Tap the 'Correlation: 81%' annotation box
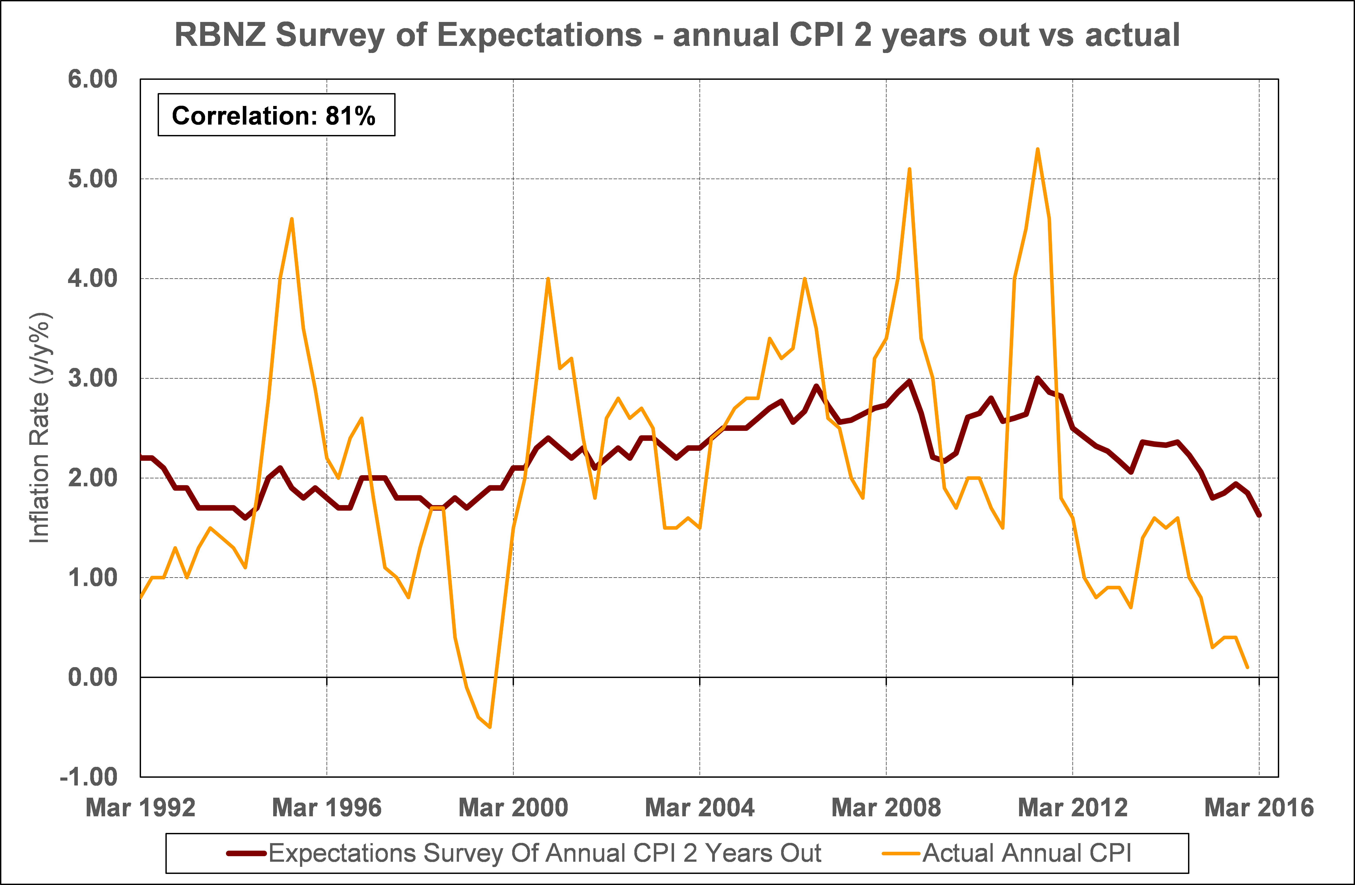(276, 115)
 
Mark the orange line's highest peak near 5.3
(1037, 150)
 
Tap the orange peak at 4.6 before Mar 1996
(292, 219)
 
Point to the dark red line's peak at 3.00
(1037, 378)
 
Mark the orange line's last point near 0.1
(1247, 667)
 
